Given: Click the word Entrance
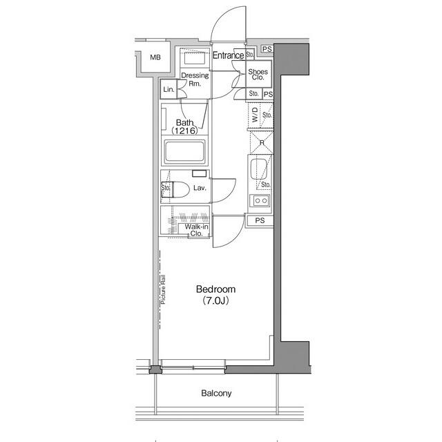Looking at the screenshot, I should (227, 55).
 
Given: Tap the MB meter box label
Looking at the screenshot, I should (155, 57).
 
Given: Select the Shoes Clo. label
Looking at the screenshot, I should (258, 75).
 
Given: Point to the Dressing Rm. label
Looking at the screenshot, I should (195, 80).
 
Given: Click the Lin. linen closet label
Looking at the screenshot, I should (169, 90).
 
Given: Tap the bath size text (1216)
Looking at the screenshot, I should (185, 131).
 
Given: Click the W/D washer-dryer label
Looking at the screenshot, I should (254, 115).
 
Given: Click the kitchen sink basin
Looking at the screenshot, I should (260, 169).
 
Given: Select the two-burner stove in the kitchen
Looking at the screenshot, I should (261, 201).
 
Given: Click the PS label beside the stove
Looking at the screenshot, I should (260, 220).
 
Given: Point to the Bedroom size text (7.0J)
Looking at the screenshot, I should (216, 301).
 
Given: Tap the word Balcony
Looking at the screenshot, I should (216, 394).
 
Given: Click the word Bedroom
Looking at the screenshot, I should (215, 289).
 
